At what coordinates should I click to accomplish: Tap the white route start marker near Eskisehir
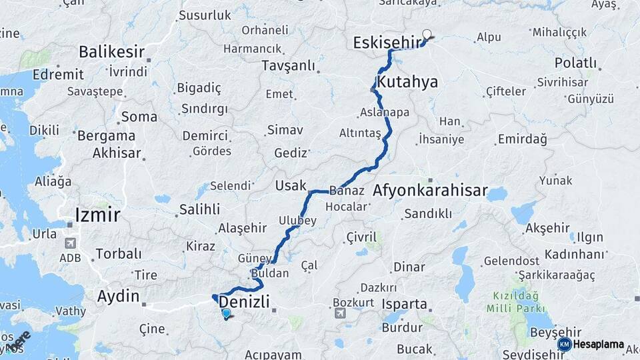click(x=427, y=34)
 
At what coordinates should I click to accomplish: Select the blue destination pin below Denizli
click(x=227, y=313)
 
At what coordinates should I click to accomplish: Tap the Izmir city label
click(x=98, y=215)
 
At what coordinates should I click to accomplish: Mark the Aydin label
click(x=119, y=297)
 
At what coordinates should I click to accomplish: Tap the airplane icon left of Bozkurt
click(x=341, y=313)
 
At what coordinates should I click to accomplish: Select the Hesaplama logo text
click(x=597, y=345)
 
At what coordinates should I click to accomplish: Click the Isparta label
click(x=405, y=304)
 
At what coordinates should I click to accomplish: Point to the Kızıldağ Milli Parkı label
click(x=516, y=301)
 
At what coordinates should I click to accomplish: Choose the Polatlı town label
click(x=575, y=63)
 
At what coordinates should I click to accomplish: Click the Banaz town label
click(x=347, y=191)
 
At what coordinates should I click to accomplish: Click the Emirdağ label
click(x=522, y=139)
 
